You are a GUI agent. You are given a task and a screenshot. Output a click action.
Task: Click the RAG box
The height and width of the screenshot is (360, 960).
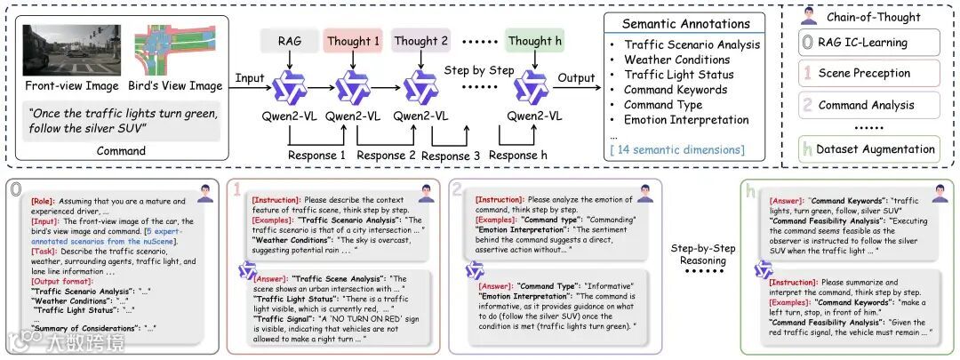click(x=291, y=41)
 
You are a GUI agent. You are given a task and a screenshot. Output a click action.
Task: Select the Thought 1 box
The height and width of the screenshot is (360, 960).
click(x=353, y=41)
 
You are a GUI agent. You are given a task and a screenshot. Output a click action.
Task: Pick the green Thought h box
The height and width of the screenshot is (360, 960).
click(x=534, y=41)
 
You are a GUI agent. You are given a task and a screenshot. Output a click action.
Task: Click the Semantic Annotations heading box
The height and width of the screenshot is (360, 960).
click(x=685, y=24)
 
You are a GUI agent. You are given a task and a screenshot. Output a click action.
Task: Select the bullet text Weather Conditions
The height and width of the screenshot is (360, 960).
click(x=677, y=60)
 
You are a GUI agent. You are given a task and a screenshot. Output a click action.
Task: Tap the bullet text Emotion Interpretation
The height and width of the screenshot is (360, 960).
click(x=686, y=120)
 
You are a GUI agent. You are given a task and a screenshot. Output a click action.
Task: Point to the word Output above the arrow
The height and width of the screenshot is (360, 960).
click(x=576, y=78)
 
